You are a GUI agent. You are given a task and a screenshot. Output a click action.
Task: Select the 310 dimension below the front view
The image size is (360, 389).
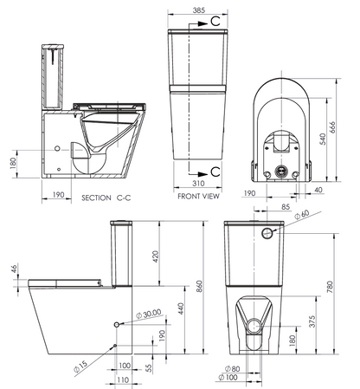pos(200,184)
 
